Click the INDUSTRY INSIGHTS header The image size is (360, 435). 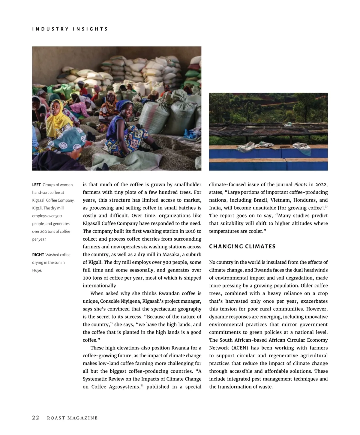[70, 29]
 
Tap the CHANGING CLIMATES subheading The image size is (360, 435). [242, 247]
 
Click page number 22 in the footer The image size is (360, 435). [36, 418]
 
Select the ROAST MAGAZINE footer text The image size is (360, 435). [72, 418]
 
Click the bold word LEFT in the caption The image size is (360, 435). [36, 185]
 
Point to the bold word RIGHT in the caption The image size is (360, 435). [38, 255]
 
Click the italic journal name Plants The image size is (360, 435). [300, 184]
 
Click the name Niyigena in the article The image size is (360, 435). [130, 301]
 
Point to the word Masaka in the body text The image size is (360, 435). [171, 254]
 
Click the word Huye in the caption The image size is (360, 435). [37, 270]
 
